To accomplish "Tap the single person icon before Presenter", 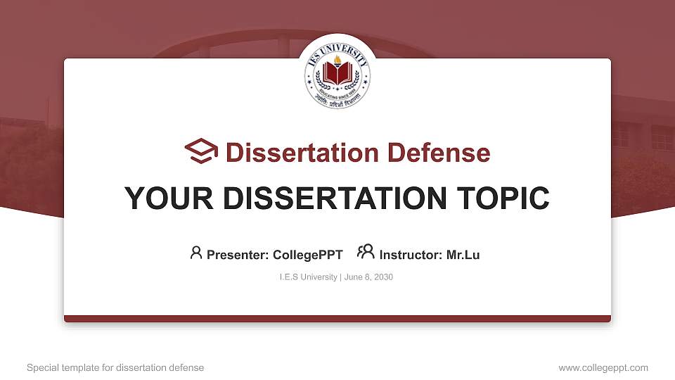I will click(196, 253).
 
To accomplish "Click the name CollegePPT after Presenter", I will click(307, 255).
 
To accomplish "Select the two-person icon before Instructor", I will click(366, 253).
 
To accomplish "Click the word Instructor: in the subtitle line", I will click(411, 255).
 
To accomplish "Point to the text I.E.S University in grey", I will click(309, 277).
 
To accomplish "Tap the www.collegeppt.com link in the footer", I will click(603, 367).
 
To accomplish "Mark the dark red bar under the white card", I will click(337, 319).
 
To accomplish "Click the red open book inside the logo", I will click(337, 74).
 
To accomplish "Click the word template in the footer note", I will click(79, 368).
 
